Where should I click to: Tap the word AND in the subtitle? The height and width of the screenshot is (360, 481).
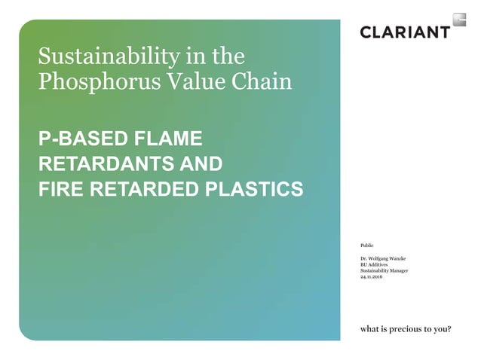click(x=198, y=163)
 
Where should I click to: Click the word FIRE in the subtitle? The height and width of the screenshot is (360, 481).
click(x=61, y=188)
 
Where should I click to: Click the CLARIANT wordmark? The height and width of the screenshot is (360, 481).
click(x=405, y=32)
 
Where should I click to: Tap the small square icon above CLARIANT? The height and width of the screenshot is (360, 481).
click(x=458, y=20)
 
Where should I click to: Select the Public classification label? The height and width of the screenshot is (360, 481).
click(x=367, y=246)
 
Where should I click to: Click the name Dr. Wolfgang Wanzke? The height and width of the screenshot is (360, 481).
click(x=384, y=259)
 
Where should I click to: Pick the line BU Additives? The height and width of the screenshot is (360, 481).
click(x=375, y=265)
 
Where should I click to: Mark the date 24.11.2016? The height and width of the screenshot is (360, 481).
click(x=372, y=277)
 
